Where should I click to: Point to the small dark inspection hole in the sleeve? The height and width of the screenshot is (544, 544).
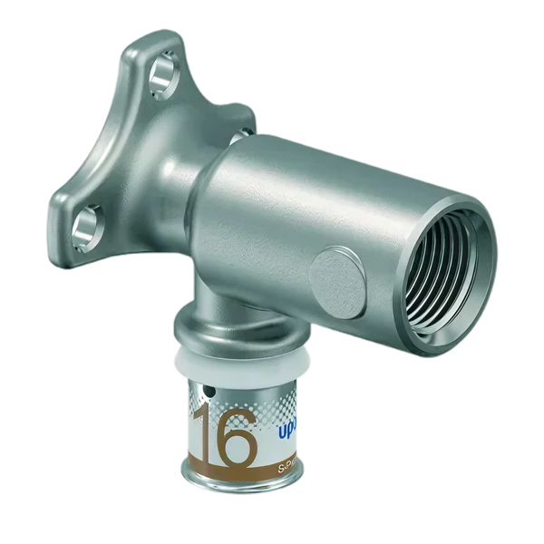coord(209,392)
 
